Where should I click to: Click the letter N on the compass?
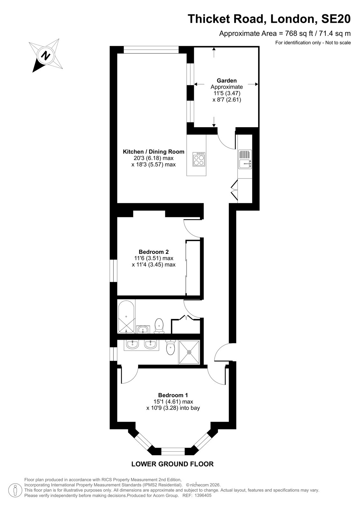tap(46, 55)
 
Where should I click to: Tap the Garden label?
tap(227, 80)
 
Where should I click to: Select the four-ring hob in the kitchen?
tap(199, 159)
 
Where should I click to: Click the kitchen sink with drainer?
tap(245, 159)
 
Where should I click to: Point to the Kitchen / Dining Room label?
tap(153, 151)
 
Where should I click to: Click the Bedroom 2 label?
tap(154, 252)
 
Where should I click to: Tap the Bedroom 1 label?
tap(173, 395)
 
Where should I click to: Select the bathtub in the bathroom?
tap(126, 317)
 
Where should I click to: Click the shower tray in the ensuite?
tap(189, 352)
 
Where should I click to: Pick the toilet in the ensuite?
tap(170, 347)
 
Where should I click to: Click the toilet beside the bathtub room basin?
tap(159, 326)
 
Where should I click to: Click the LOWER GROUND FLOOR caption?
tap(173, 464)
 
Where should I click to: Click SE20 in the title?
tap(336, 19)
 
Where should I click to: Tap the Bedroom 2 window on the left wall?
tap(113, 271)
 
